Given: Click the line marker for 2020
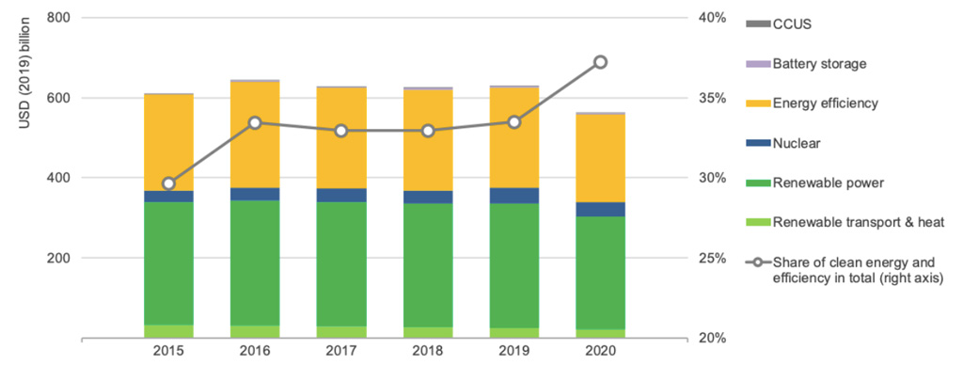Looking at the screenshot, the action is click(601, 62).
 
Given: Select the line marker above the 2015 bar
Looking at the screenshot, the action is click(169, 183).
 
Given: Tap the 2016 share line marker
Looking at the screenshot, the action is click(256, 123).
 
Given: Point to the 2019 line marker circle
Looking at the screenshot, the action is click(514, 121).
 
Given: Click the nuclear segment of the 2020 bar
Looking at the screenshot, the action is click(601, 209).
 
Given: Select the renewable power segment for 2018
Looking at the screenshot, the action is click(428, 265).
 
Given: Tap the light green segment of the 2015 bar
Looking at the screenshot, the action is click(169, 331).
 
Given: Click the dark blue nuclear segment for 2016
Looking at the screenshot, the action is click(256, 194).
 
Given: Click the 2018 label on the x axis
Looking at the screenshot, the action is click(428, 354).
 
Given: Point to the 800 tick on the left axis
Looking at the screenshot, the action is click(58, 18).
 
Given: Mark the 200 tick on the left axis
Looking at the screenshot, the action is click(58, 258).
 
